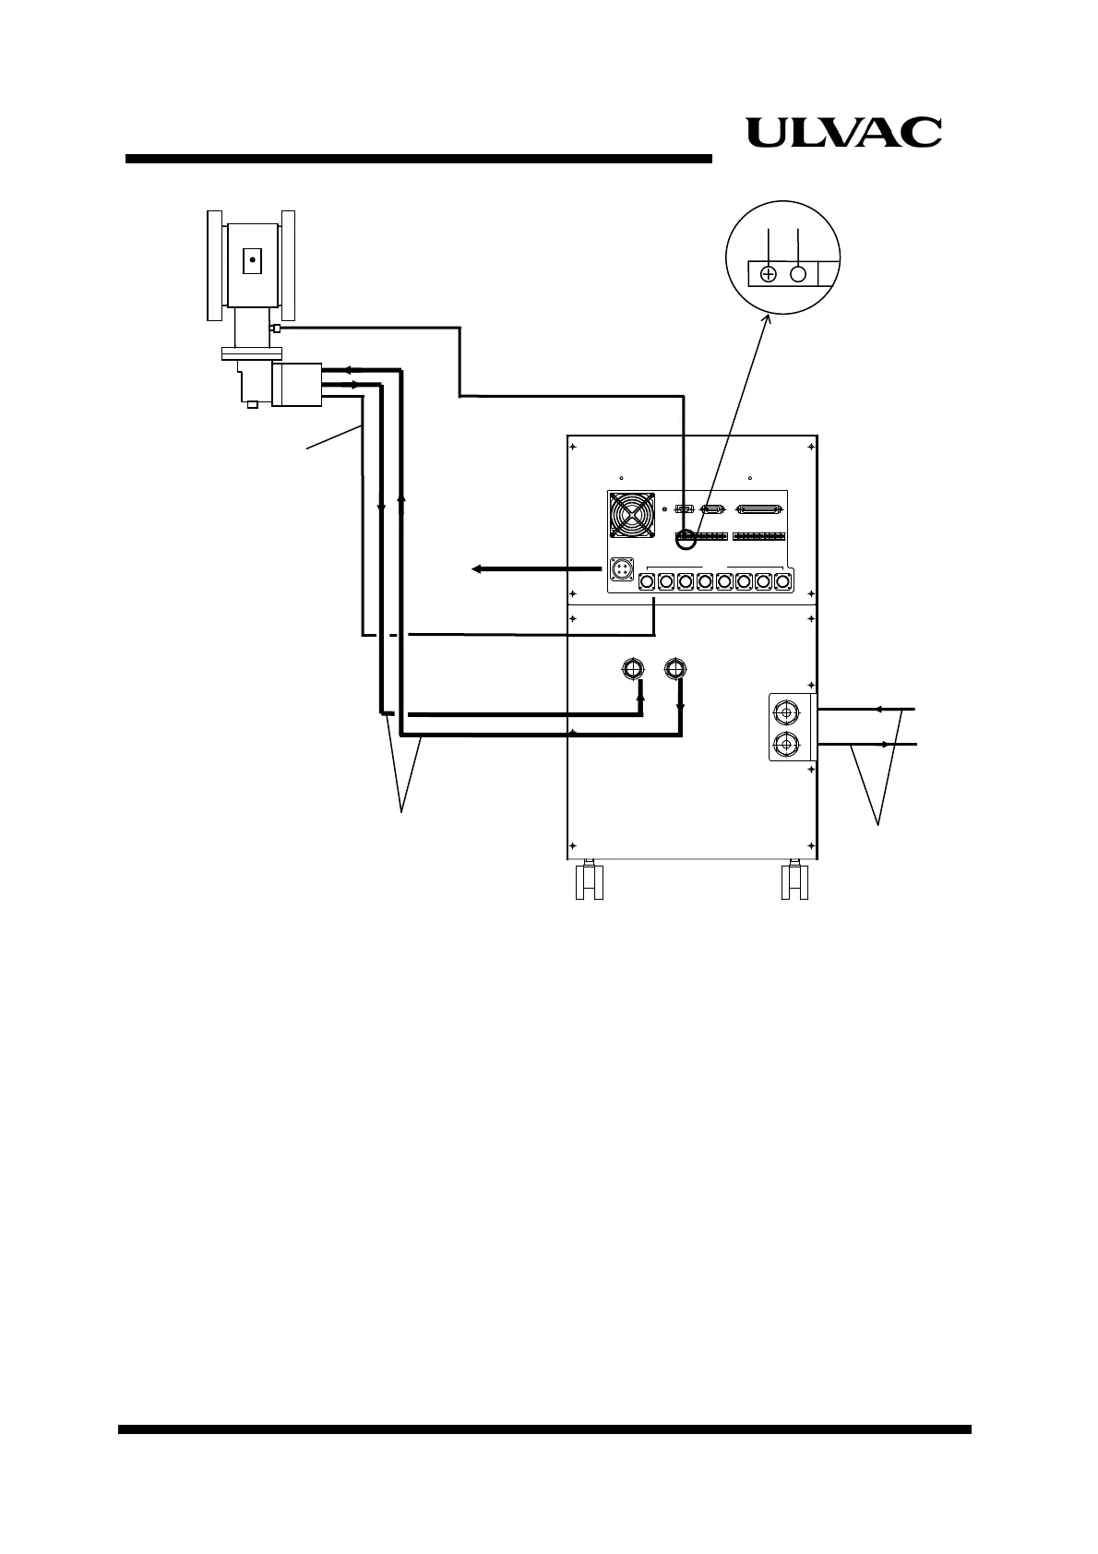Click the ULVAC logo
click(843, 133)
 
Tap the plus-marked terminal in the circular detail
click(768, 274)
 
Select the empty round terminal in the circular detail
click(799, 274)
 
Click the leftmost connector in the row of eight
click(647, 581)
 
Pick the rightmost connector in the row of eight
click(782, 581)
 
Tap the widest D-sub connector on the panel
click(759, 508)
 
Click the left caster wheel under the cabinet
click(588, 881)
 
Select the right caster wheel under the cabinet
click(794, 881)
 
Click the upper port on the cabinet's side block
click(784, 712)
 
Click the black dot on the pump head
click(251, 261)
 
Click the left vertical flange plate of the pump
click(215, 265)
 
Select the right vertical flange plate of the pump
click(289, 265)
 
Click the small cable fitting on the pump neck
click(274, 328)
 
